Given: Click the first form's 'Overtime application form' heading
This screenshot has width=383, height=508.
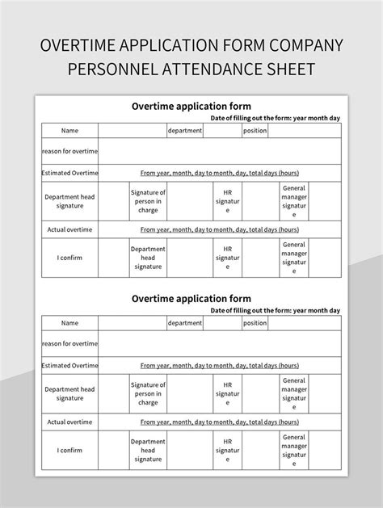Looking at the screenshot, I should pos(191,106).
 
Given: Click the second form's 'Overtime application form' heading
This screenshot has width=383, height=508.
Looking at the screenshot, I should pos(191,298).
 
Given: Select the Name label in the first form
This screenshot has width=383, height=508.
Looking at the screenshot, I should pos(69,131).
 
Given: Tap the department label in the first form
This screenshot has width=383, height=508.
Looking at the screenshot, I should pos(184,131).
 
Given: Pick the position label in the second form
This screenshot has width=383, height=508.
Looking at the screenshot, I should pos(255,323).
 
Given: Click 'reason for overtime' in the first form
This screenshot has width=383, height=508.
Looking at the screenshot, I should pos(69,151).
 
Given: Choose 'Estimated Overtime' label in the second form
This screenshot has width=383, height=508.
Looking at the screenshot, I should pos(69,365).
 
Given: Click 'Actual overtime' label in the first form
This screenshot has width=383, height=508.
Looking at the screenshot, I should pos(69,229).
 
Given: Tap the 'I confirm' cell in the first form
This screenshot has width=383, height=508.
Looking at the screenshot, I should pos(69,258).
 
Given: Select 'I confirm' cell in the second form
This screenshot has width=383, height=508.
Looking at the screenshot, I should pos(69,450).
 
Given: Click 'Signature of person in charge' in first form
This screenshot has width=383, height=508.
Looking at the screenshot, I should pos(148,201).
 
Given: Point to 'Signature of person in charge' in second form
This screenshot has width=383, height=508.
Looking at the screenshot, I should pos(148,393).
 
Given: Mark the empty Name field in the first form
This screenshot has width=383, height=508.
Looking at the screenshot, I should pos(133,131).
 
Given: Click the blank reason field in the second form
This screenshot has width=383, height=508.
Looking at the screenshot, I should pos(220,343).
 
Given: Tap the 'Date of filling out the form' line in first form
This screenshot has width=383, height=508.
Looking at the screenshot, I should pos(275,118).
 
